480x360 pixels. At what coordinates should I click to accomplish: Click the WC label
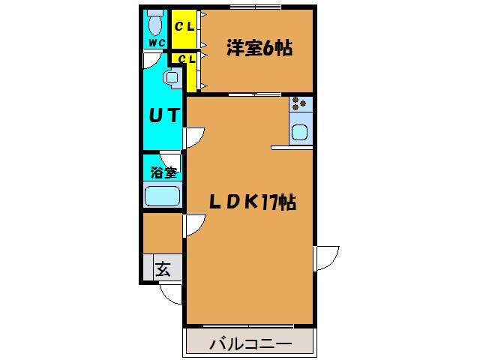(x=155, y=43)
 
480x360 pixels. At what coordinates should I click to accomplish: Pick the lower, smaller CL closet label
(x=185, y=57)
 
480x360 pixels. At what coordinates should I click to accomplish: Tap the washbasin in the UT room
(x=172, y=78)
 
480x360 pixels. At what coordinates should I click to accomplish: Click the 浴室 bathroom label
(x=162, y=171)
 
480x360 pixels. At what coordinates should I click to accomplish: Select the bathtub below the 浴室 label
(x=162, y=197)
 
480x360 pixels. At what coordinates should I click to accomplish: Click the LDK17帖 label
(x=250, y=202)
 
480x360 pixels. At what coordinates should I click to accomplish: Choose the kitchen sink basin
(x=301, y=132)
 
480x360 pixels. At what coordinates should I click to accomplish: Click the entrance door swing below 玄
(x=172, y=293)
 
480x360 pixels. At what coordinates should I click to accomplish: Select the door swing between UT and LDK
(x=193, y=137)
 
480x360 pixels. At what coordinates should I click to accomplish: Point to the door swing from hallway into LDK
(x=194, y=224)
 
